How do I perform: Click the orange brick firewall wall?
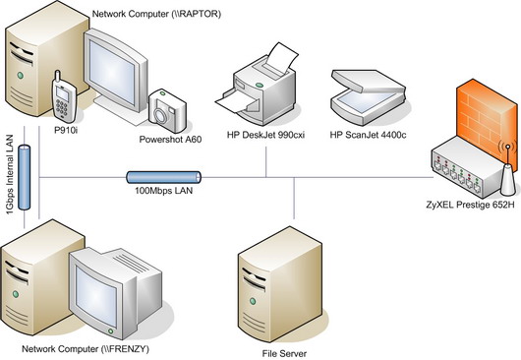(484, 114)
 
